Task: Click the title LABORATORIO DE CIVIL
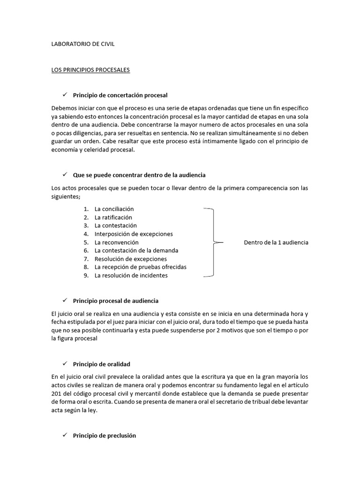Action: pyautogui.click(x=82, y=44)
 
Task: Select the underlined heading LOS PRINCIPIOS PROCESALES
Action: pyautogui.click(x=90, y=70)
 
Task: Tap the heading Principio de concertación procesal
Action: pyautogui.click(x=120, y=95)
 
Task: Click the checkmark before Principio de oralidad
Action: pyautogui.click(x=65, y=364)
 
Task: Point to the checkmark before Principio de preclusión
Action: pyautogui.click(x=65, y=435)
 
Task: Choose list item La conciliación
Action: pyautogui.click(x=114, y=209)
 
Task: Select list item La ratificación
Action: pyautogui.click(x=113, y=217)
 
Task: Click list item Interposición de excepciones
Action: pyautogui.click(x=134, y=234)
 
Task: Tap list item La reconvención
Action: pyautogui.click(x=116, y=242)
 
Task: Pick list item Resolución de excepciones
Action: pyautogui.click(x=130, y=259)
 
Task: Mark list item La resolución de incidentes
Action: pyautogui.click(x=131, y=276)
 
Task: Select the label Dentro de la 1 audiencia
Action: pyautogui.click(x=276, y=242)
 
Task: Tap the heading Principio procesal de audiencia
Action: pyautogui.click(x=116, y=300)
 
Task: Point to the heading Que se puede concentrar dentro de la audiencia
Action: pyautogui.click(x=139, y=175)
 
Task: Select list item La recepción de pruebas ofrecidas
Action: pyautogui.click(x=140, y=267)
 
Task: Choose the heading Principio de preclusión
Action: pyautogui.click(x=105, y=435)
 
